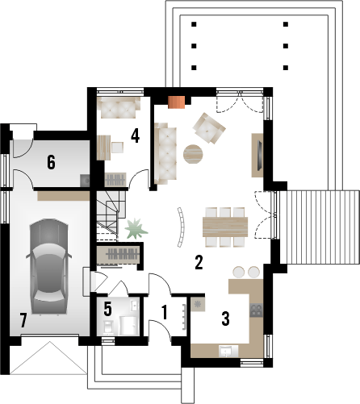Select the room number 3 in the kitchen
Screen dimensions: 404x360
(x=227, y=319)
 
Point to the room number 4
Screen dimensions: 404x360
(x=136, y=135)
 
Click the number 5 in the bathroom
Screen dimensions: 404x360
(x=108, y=310)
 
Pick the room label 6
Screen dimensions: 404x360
(x=51, y=162)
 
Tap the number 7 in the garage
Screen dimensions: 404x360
(x=23, y=320)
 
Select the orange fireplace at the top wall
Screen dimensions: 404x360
(x=177, y=102)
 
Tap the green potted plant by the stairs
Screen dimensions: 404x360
(x=132, y=228)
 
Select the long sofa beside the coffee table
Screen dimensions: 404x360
(x=165, y=152)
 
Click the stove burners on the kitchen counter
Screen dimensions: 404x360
(x=257, y=310)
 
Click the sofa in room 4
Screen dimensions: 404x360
(x=119, y=105)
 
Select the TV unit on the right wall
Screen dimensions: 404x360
(x=259, y=153)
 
